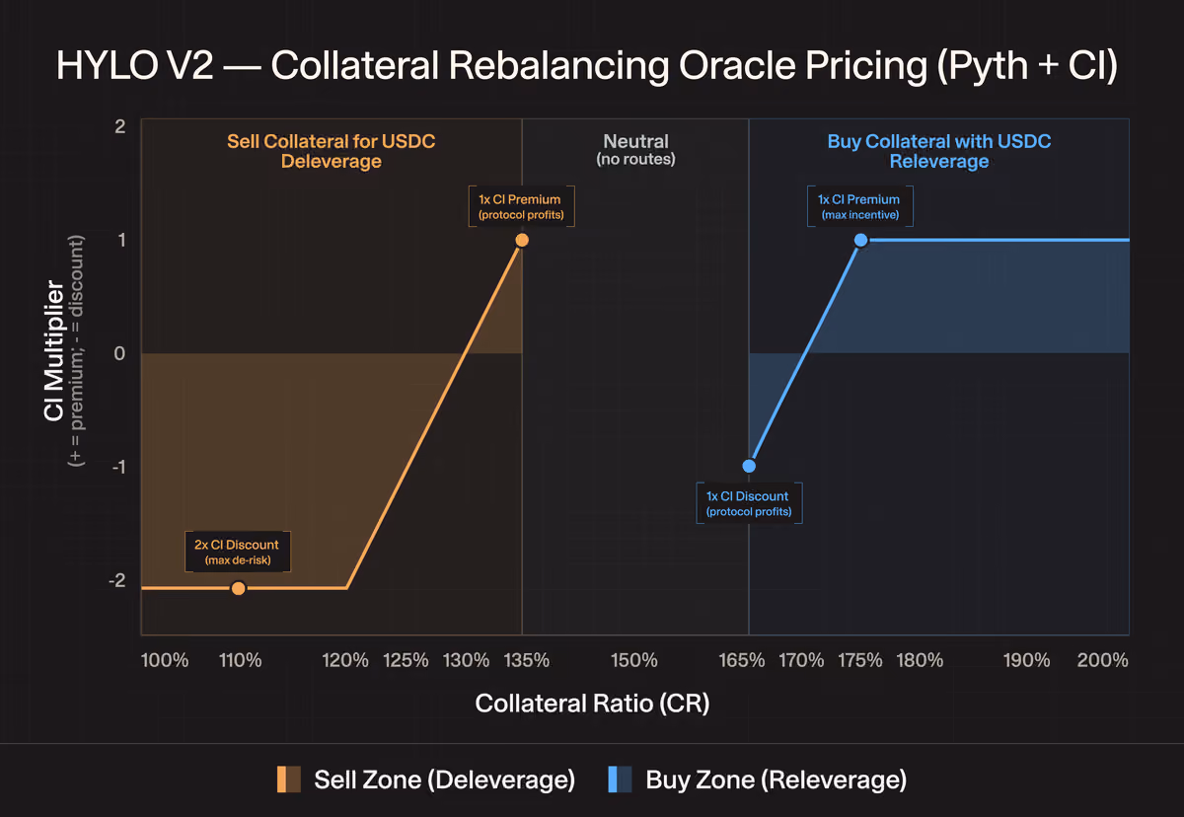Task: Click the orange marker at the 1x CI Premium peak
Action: (x=522, y=241)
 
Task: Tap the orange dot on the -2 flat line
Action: (x=239, y=588)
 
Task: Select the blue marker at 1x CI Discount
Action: (x=749, y=466)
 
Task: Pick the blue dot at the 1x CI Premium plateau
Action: (x=861, y=241)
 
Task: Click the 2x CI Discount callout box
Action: (x=238, y=552)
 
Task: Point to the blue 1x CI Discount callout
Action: (x=749, y=503)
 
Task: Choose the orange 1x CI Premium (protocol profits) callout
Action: (x=522, y=206)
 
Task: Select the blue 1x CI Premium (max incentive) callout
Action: (x=860, y=206)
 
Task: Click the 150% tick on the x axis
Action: (x=634, y=660)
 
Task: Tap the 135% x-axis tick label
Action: (x=527, y=660)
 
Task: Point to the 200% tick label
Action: (x=1103, y=660)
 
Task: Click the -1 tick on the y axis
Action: (x=119, y=467)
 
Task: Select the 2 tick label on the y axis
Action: (x=120, y=126)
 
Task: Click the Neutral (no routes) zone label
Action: (x=635, y=150)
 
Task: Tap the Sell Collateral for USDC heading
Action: (x=332, y=141)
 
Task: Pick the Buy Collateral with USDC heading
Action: (x=939, y=141)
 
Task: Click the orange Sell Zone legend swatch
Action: (x=288, y=780)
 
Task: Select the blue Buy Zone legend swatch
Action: (x=620, y=780)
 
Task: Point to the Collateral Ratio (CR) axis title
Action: (x=592, y=704)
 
